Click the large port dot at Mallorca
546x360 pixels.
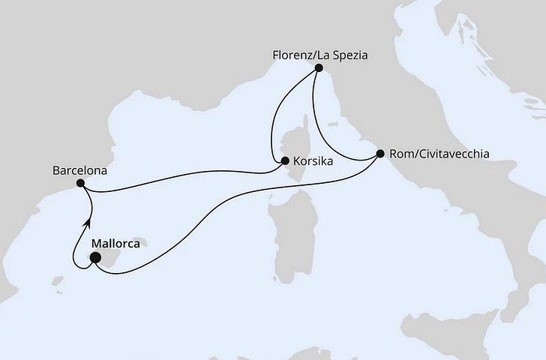[x=94, y=258]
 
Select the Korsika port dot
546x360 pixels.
[x=285, y=160]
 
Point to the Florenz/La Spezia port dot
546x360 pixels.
[x=319, y=67]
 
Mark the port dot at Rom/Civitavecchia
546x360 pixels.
[x=379, y=154]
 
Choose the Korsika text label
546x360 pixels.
[x=313, y=160]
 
